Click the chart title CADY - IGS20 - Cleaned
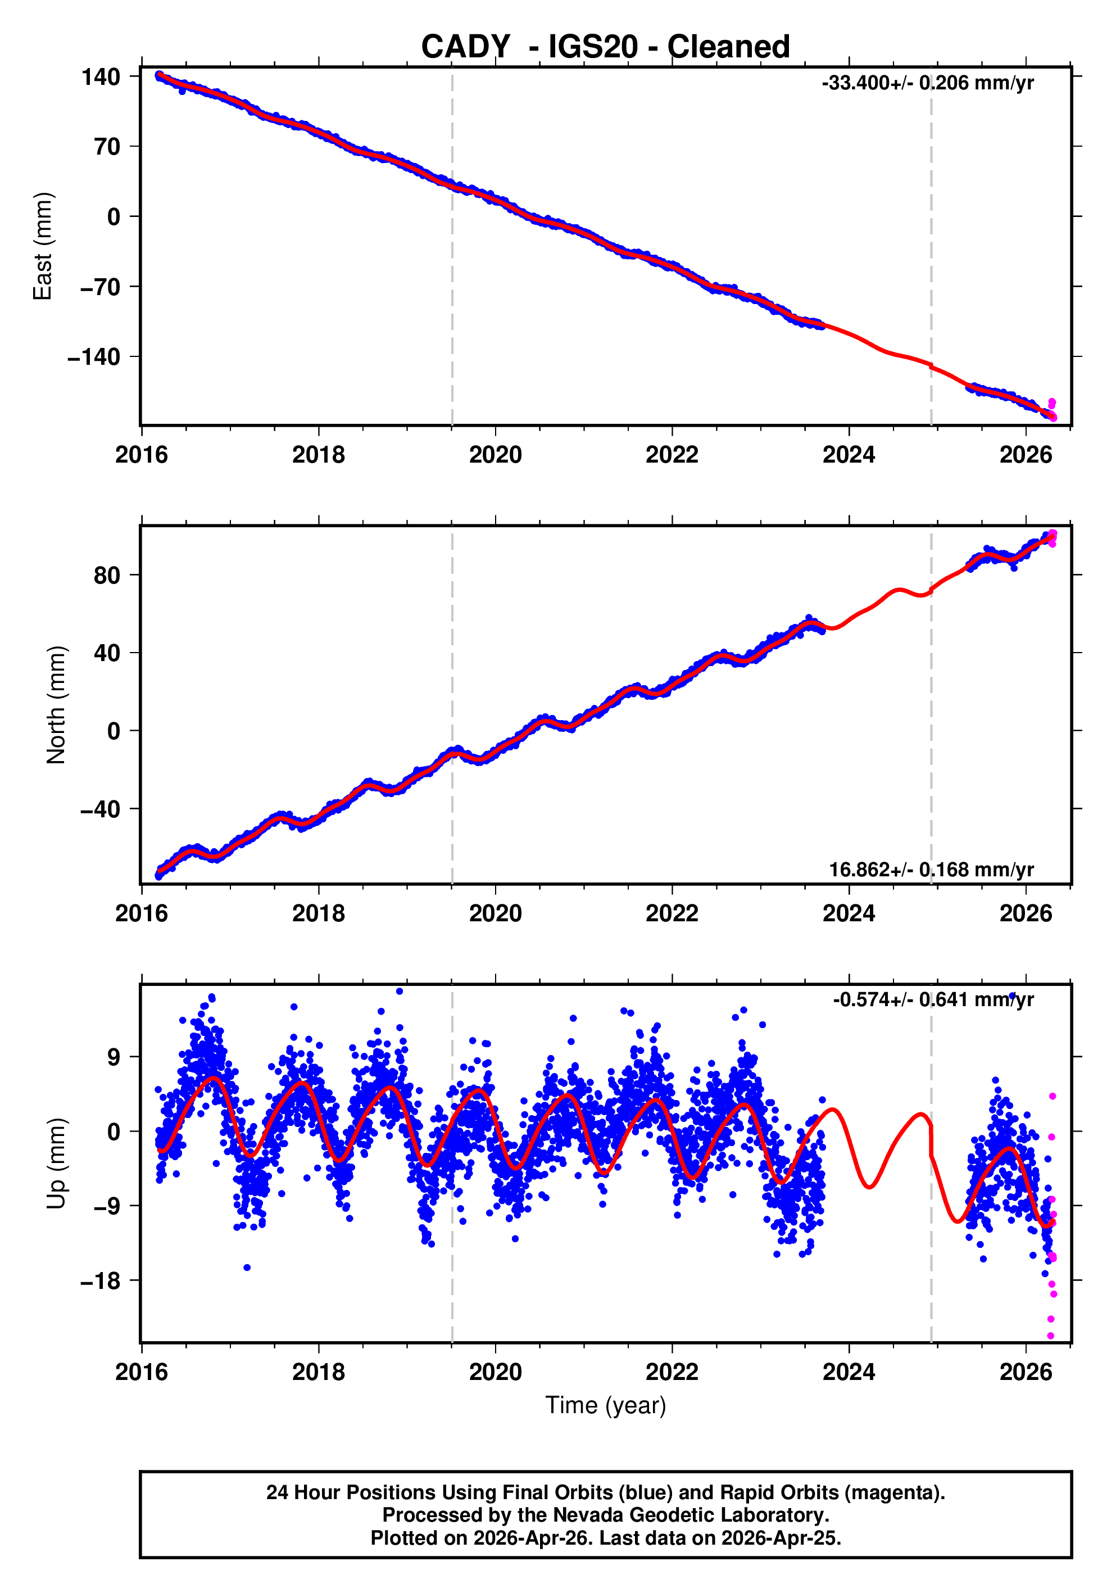pyautogui.click(x=606, y=47)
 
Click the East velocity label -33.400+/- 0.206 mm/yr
pyautogui.click(x=927, y=83)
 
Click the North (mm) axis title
pyautogui.click(x=56, y=705)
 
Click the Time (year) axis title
pyautogui.click(x=606, y=1405)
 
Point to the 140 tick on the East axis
pyautogui.click(x=101, y=76)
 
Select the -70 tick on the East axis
pyautogui.click(x=101, y=287)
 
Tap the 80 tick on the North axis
pyautogui.click(x=107, y=575)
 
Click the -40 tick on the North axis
pyautogui.click(x=101, y=809)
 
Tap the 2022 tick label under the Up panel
pyautogui.click(x=672, y=1372)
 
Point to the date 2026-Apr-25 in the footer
pyautogui.click(x=779, y=1538)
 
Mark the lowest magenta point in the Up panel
pyautogui.click(x=1051, y=1336)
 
